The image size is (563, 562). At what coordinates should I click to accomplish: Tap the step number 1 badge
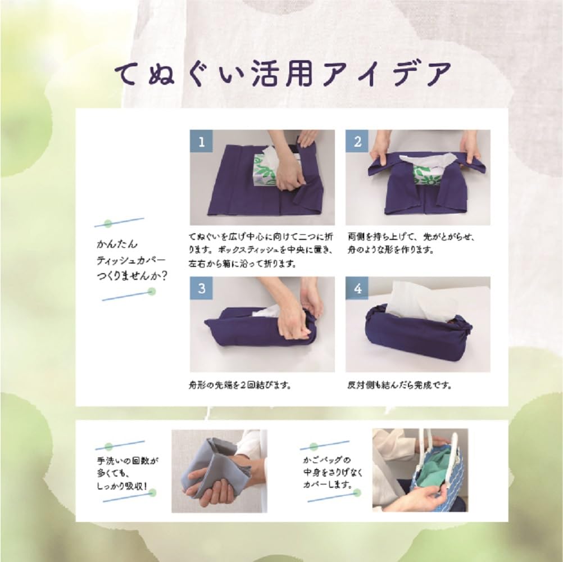point(201,141)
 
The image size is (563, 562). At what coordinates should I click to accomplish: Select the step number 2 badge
point(357,141)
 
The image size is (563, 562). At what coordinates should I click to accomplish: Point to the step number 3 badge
point(201,288)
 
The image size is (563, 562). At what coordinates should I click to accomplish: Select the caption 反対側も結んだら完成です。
point(400,386)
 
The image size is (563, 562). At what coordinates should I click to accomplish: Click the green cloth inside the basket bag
point(435,461)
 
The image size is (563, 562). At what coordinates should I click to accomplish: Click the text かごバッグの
point(326,460)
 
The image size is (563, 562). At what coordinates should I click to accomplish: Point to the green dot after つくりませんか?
point(151,292)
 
